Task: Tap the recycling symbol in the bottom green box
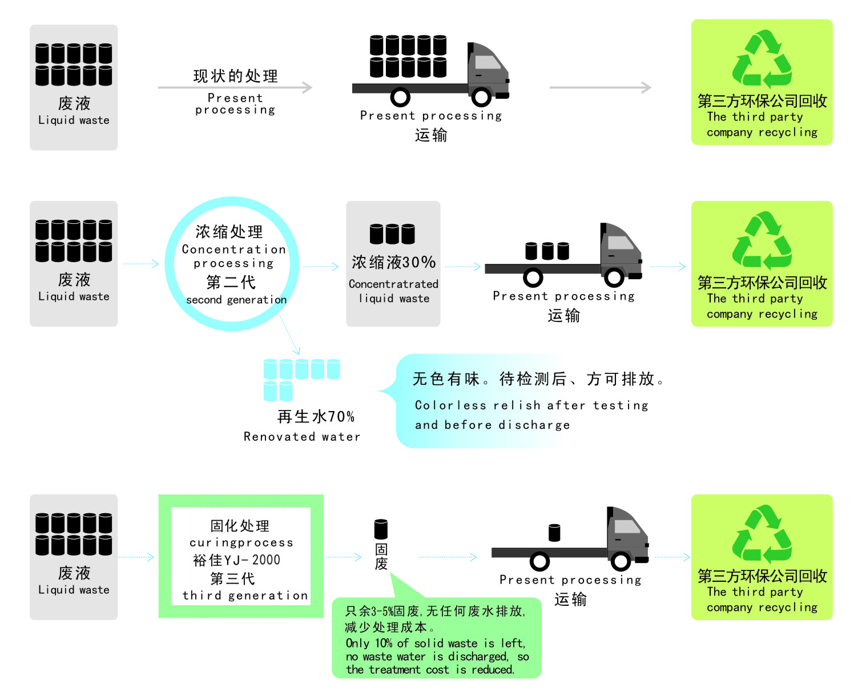point(762,534)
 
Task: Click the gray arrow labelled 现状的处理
point(235,87)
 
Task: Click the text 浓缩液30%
point(393,263)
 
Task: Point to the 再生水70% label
point(316,417)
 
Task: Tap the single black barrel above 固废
point(381,529)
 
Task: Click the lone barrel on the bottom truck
point(554,533)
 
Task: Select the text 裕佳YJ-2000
point(237,560)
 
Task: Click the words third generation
point(245,596)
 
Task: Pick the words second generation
point(236,300)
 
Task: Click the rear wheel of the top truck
point(400,97)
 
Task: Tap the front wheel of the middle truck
point(614,278)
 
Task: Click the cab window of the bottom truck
point(627,526)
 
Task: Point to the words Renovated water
point(301,437)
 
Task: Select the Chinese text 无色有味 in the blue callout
point(446,379)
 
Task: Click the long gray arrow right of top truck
point(599,87)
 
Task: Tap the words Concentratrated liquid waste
point(393,291)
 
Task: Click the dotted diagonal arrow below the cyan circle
point(289,335)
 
